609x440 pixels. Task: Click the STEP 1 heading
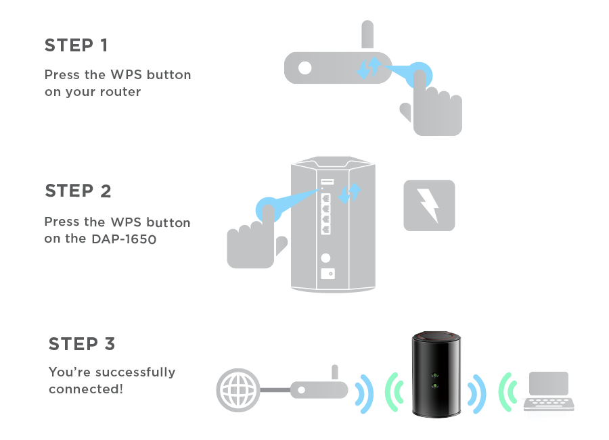76,45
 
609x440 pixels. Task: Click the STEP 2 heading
78,191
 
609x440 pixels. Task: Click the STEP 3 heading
82,344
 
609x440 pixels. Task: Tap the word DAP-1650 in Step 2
124,239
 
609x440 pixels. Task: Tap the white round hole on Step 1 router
305,68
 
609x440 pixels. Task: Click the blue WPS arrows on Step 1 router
369,68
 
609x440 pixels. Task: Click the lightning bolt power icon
429,205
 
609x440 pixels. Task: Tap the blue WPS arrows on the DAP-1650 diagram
350,193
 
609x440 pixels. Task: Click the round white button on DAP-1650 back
326,258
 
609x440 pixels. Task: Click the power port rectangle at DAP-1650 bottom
326,274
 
